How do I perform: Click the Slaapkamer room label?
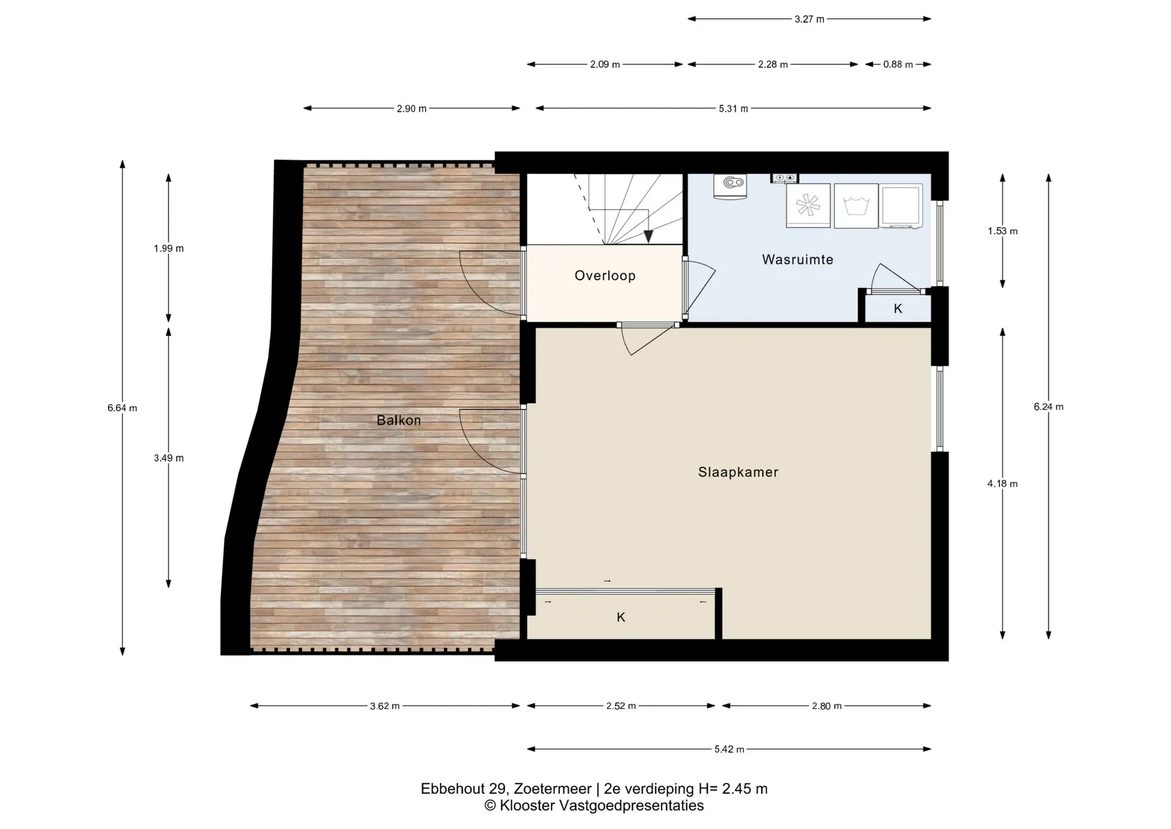pos(738,472)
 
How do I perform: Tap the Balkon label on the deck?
pos(399,420)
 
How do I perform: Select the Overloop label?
pos(605,275)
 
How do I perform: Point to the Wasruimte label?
pos(798,259)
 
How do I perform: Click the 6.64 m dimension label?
pos(122,408)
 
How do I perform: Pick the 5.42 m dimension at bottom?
pos(729,749)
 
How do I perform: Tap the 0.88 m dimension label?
pos(898,64)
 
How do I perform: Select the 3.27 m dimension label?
pos(809,19)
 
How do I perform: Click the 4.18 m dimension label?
pos(1003,483)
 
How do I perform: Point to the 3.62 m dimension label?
pos(385,706)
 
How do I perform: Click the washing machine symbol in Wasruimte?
pos(856,206)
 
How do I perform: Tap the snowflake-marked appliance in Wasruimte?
pos(808,206)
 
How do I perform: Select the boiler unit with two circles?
pos(730,186)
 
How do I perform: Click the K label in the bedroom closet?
pos(621,617)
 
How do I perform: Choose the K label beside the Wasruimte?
pos(898,308)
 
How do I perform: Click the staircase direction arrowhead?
pos(648,237)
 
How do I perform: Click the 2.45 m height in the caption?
pos(745,789)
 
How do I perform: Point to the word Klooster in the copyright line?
pos(527,806)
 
